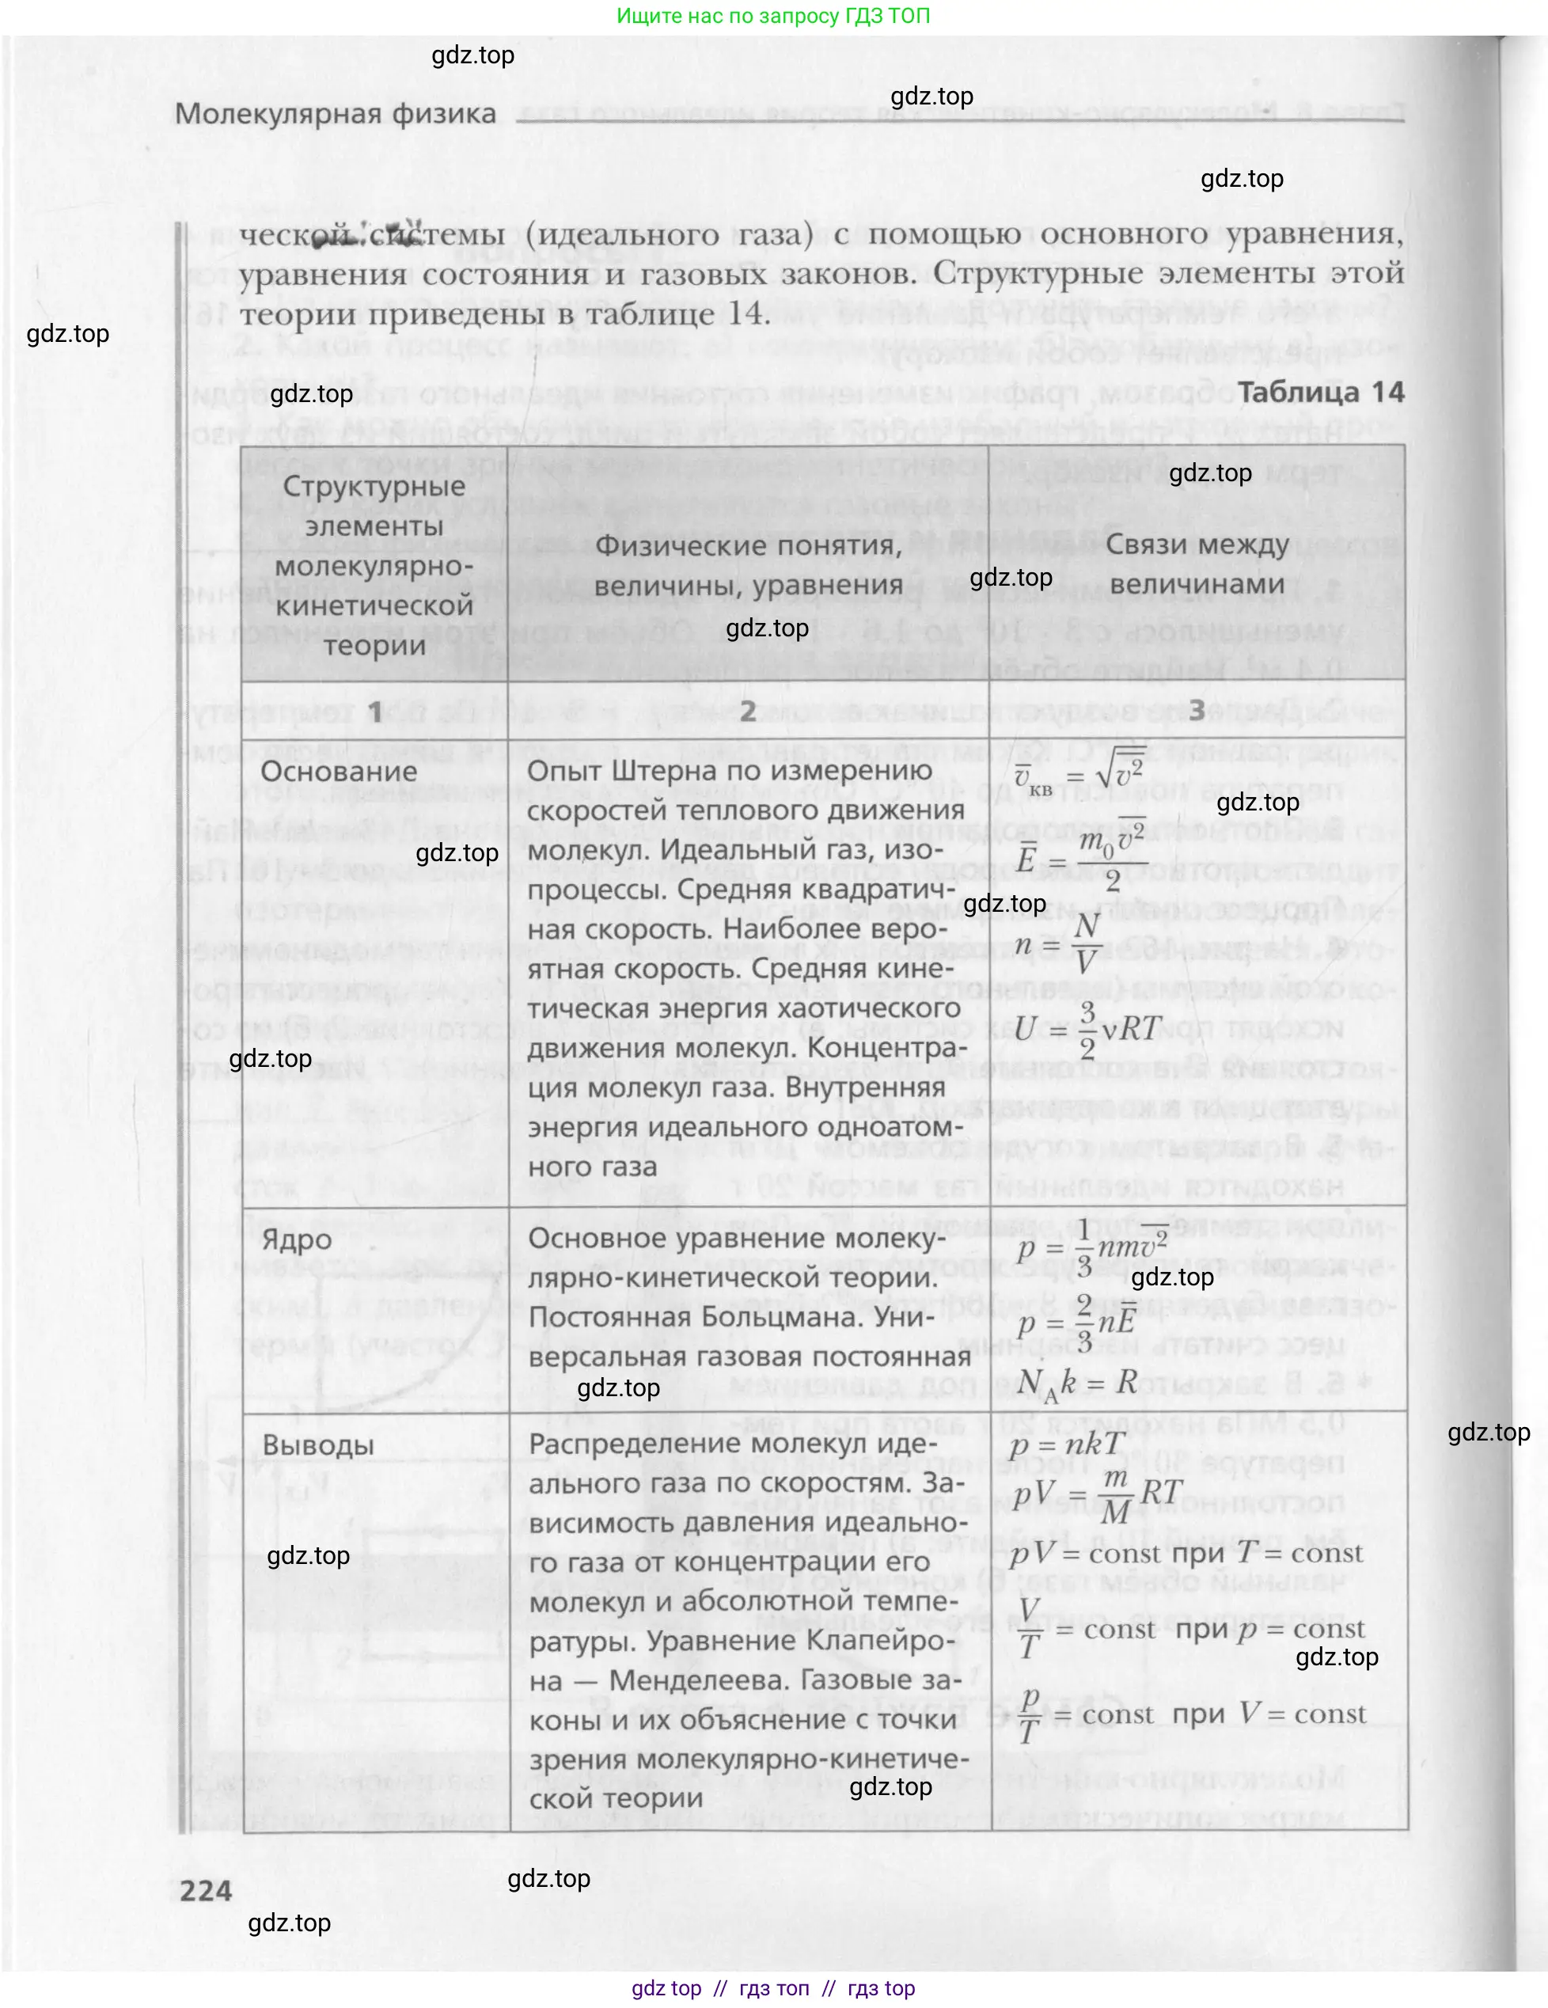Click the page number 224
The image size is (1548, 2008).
tap(206, 1890)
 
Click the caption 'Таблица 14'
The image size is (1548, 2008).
tap(1320, 392)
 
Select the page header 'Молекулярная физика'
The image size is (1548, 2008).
tap(336, 114)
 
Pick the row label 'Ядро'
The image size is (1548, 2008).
tap(297, 1240)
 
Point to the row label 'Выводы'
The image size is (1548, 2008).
tap(318, 1445)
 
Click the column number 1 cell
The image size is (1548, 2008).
tap(375, 711)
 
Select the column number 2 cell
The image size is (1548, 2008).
tap(747, 711)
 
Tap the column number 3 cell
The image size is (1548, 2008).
tap(1197, 711)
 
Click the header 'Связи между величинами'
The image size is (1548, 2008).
tap(1197, 564)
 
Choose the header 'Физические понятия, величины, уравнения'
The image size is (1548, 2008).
tap(747, 564)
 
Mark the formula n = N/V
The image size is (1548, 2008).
tap(1057, 944)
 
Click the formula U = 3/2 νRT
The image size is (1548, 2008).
tap(1088, 1028)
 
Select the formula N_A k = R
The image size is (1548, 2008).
tap(1077, 1382)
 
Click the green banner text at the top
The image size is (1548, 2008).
tap(773, 16)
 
